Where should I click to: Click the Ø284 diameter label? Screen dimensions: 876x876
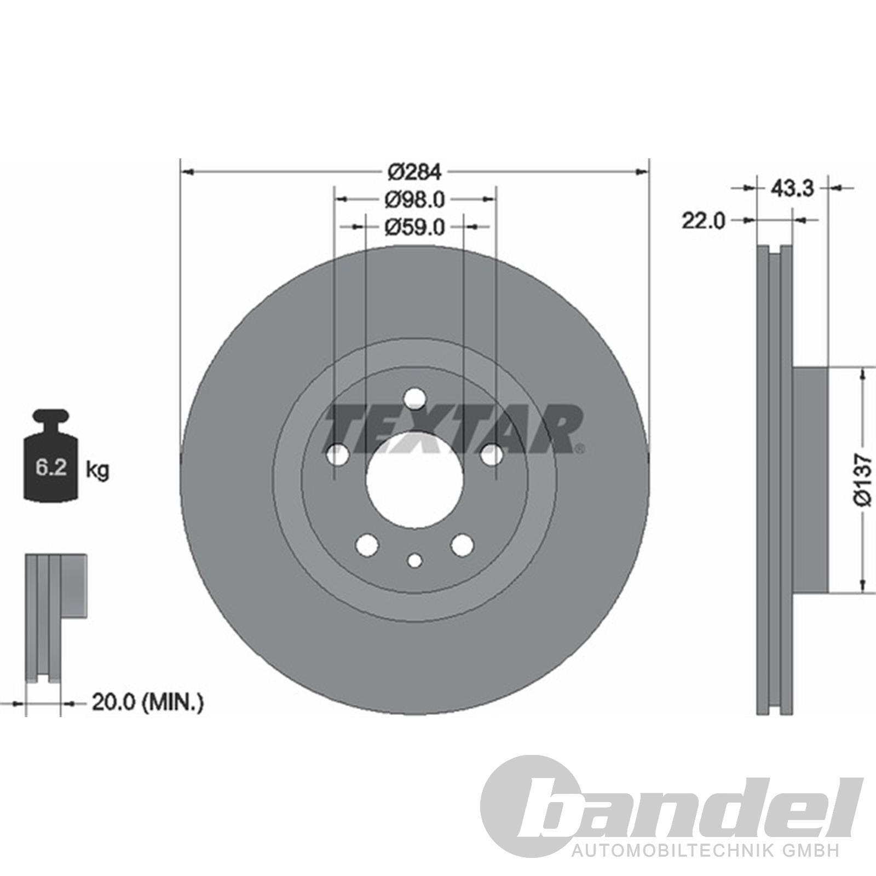point(414,172)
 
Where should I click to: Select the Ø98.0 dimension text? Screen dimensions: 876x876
point(414,199)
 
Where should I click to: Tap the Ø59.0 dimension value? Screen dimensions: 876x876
point(414,226)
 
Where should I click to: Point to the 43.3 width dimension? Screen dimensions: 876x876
point(793,188)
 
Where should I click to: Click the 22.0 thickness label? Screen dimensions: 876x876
point(704,221)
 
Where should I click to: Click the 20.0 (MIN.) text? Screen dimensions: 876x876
point(148,702)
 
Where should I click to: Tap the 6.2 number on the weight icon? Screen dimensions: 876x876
point(51,468)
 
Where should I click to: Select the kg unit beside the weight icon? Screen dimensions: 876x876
point(97,470)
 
